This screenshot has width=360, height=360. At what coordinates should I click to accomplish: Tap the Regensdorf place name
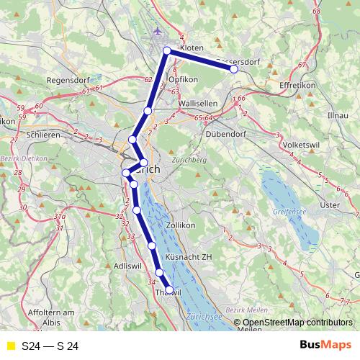(68, 81)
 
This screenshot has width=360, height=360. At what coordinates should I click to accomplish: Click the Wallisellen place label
(197, 104)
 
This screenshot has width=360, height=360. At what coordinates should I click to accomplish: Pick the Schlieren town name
(41, 135)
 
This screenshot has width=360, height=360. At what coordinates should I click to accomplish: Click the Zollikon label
(181, 225)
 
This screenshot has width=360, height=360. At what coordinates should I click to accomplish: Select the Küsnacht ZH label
(189, 256)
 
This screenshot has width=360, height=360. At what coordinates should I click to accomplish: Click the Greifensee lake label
(289, 212)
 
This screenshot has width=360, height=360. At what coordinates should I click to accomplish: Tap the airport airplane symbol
(158, 32)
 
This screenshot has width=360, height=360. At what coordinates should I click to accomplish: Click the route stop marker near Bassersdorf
(234, 70)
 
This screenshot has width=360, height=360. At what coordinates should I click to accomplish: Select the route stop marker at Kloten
(167, 50)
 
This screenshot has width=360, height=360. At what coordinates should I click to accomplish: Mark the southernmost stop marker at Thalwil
(170, 290)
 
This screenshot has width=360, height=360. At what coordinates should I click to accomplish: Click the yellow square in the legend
(10, 346)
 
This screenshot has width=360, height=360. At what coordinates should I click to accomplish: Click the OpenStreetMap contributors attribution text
(298, 323)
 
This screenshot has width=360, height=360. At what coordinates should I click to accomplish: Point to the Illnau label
(337, 114)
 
